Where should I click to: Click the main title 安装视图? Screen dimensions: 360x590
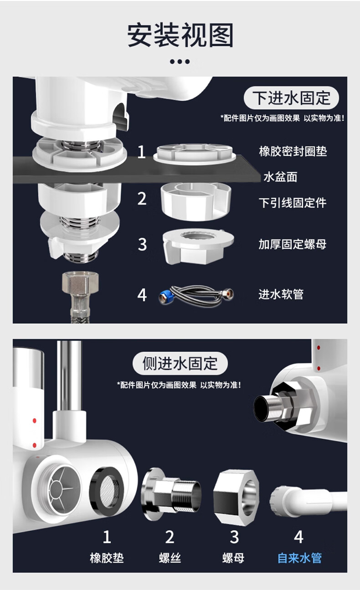click(180, 35)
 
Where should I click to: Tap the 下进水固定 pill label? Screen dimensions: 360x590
click(291, 97)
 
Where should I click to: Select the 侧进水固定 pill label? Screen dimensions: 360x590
click(180, 363)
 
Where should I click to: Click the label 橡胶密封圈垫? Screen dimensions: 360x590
click(293, 151)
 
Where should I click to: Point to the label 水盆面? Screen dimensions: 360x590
click(280, 177)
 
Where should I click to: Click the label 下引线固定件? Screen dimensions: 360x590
click(293, 203)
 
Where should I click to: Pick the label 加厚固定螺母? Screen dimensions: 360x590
click(293, 244)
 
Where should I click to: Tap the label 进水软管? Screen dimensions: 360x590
click(281, 294)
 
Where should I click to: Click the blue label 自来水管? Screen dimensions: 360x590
click(300, 558)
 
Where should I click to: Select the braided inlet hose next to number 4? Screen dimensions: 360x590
click(196, 296)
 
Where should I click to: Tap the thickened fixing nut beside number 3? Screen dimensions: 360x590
click(198, 246)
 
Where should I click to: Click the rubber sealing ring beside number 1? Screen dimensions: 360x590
click(195, 154)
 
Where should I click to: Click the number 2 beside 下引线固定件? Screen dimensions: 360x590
click(142, 199)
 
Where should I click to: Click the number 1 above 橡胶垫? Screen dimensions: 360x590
click(107, 537)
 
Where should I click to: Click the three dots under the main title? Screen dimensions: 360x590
click(180, 62)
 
